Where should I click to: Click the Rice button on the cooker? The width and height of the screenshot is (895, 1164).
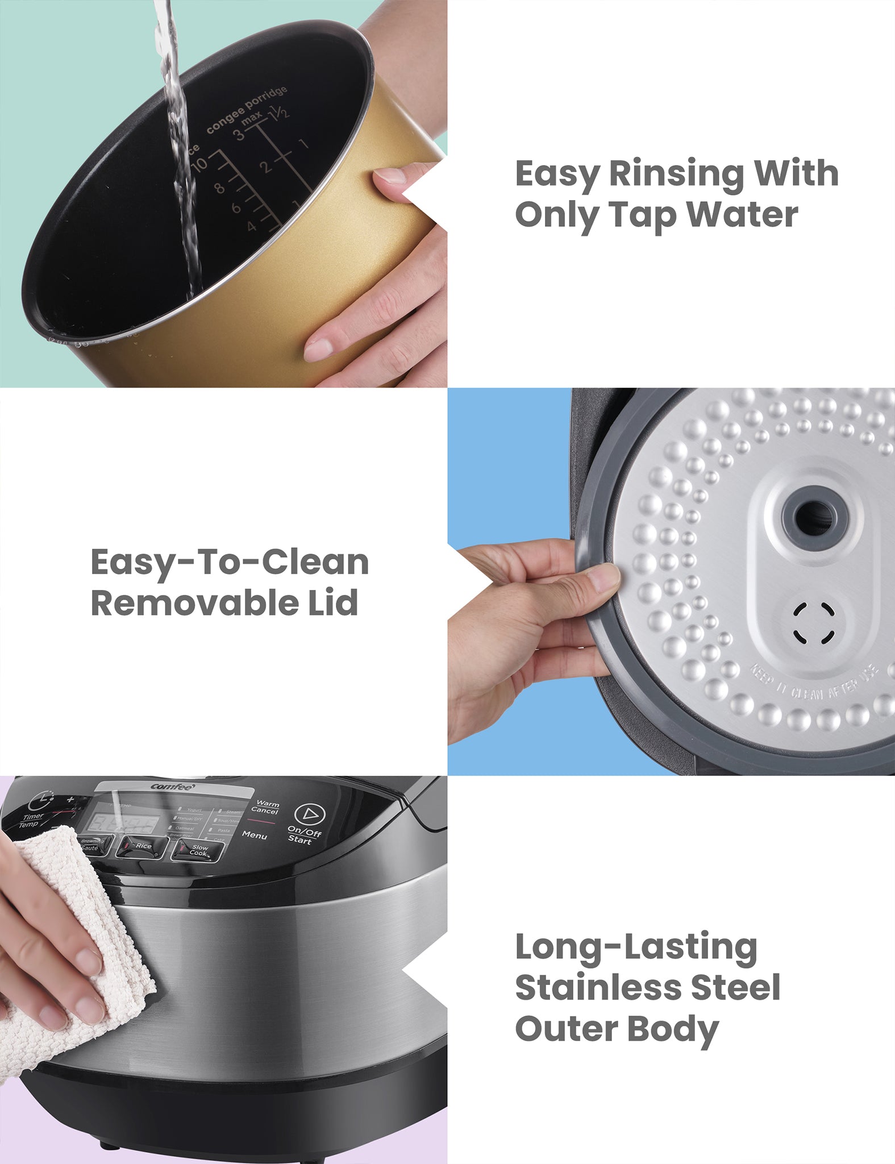142,847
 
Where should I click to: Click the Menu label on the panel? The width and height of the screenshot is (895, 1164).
254,835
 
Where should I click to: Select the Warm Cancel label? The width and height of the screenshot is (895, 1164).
266,808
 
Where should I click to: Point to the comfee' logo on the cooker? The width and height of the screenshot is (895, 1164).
173,787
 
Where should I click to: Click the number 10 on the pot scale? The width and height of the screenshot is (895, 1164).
199,165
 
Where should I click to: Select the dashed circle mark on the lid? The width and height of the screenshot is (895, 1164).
814,623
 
